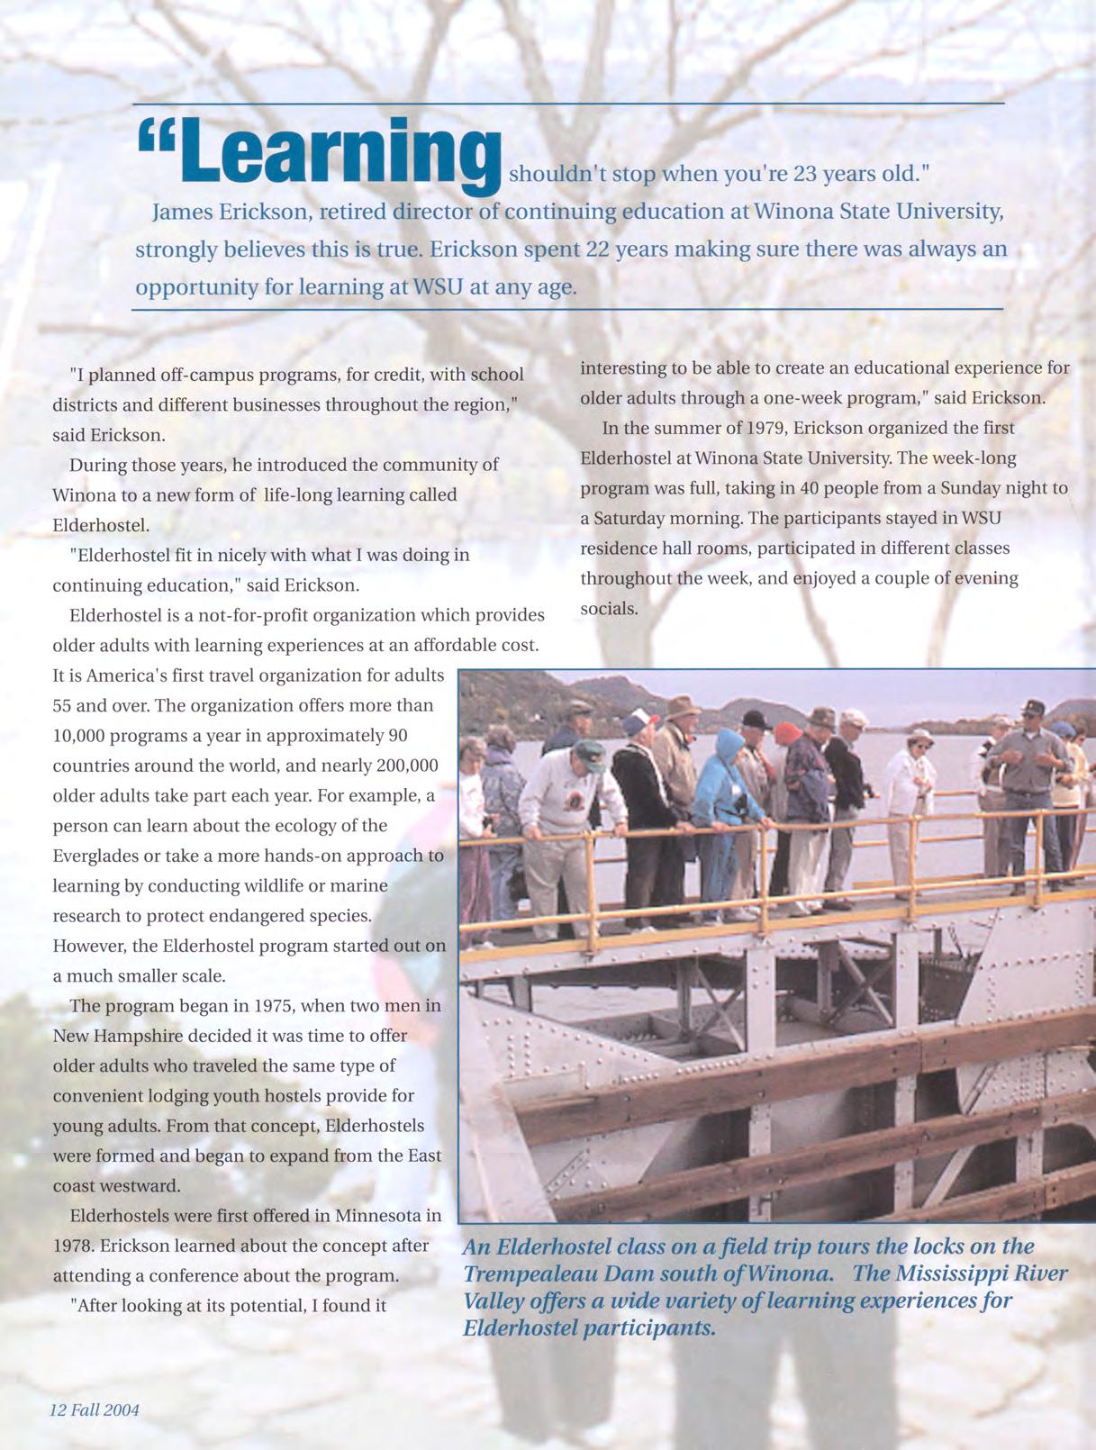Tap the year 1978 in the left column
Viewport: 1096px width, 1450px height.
coord(72,1246)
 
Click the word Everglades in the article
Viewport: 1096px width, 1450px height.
coord(101,856)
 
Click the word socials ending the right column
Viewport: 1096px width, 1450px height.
coord(609,609)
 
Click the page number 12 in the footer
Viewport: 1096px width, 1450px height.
coord(58,1410)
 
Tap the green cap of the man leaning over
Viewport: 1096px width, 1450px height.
coord(587,749)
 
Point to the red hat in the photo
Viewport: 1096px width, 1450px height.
coord(788,730)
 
